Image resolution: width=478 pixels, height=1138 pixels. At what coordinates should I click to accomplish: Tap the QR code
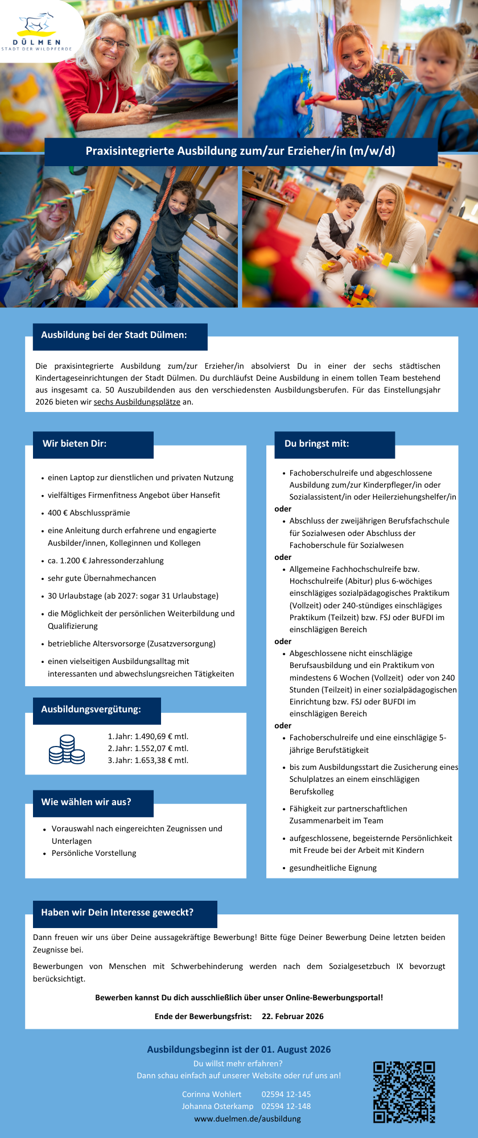tap(404, 1092)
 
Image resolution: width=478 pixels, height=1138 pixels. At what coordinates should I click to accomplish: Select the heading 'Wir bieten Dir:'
tap(75, 444)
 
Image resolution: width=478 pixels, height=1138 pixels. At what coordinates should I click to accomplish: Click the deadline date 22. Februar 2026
tap(292, 1016)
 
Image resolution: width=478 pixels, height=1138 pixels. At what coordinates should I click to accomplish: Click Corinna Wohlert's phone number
tap(286, 1094)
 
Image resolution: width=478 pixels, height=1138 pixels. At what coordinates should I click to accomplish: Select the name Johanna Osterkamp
tap(217, 1106)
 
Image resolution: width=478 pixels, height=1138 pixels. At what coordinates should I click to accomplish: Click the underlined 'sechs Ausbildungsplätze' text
tap(137, 402)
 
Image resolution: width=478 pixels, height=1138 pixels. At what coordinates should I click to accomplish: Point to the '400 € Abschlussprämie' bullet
tap(89, 513)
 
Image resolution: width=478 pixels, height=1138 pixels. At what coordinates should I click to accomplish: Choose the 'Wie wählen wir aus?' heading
tap(86, 802)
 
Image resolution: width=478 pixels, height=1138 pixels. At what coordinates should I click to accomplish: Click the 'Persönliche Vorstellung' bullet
tap(94, 853)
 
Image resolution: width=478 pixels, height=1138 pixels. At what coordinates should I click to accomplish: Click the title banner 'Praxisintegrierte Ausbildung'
tap(240, 151)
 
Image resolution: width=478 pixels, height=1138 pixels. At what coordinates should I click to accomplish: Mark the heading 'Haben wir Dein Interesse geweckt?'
tap(117, 913)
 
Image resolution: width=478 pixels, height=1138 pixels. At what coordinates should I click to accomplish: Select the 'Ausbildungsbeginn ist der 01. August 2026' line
tap(239, 1049)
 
